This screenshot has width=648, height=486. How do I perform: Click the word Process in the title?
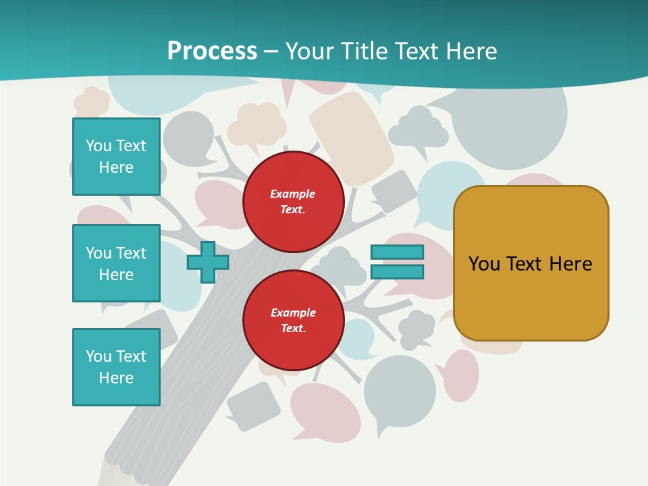212,51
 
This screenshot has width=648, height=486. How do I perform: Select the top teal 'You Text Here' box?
116,157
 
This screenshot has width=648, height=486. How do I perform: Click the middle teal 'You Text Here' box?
116,263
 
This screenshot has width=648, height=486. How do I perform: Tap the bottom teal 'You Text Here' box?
116,367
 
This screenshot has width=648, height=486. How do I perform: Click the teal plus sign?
208,262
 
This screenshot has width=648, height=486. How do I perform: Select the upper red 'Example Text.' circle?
293,201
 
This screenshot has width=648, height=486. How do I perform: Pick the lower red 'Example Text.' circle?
293,320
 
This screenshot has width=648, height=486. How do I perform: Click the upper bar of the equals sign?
397,252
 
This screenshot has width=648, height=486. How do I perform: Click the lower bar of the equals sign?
397,272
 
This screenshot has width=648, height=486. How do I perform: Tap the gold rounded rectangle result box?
531,297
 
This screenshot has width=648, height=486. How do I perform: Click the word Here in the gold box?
570,264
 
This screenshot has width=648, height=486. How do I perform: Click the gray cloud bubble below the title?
418,128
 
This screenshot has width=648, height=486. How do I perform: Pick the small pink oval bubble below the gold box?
461,375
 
